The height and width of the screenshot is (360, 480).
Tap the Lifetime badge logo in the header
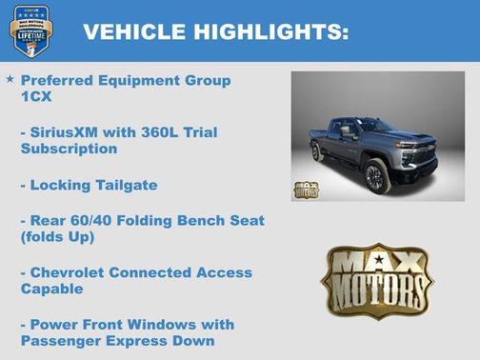(x=30, y=30)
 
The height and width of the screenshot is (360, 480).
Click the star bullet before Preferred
(x=10, y=81)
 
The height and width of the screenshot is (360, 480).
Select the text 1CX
(x=34, y=97)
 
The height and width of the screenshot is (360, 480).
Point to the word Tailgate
(x=122, y=185)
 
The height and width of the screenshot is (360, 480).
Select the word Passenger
(x=61, y=341)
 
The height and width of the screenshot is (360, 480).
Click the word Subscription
(x=69, y=150)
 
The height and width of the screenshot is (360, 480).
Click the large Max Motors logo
(x=376, y=279)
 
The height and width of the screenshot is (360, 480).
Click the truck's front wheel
(x=376, y=176)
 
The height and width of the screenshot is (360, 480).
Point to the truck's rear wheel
(x=317, y=151)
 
